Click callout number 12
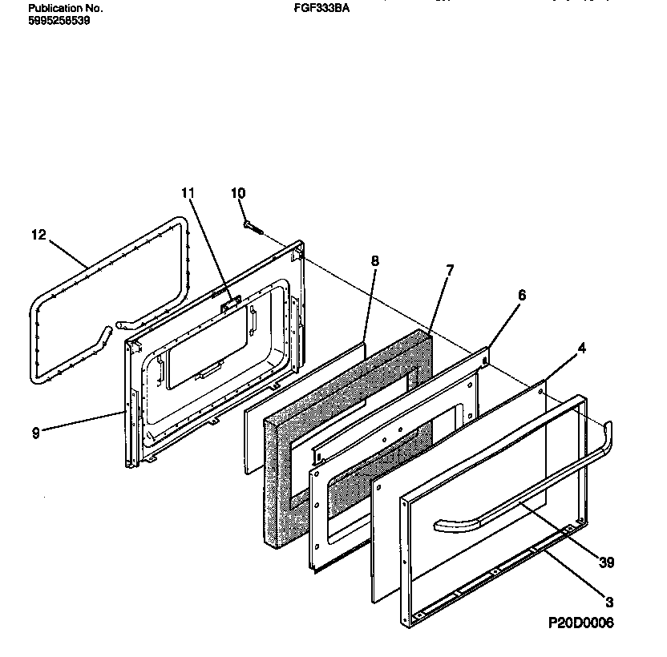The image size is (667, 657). (x=38, y=235)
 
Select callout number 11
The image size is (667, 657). (x=188, y=193)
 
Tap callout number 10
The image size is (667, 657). (x=238, y=193)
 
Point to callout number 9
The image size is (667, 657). (x=35, y=433)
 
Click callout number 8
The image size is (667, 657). (x=374, y=260)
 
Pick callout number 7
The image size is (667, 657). (x=449, y=270)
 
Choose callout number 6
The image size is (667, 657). (x=521, y=295)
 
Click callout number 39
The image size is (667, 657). (x=606, y=563)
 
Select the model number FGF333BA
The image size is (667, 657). (x=323, y=9)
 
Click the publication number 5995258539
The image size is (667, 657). (x=59, y=21)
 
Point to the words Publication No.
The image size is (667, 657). (x=66, y=9)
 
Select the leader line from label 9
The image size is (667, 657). (x=80, y=422)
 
